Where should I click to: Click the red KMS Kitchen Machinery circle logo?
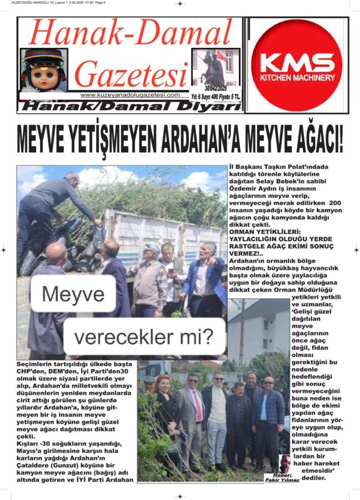tap(297, 65)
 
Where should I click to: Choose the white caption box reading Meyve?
tap(72, 293)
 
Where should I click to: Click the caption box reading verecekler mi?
tap(144, 336)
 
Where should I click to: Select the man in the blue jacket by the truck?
tap(204, 278)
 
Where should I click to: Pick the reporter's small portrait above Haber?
tap(285, 464)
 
